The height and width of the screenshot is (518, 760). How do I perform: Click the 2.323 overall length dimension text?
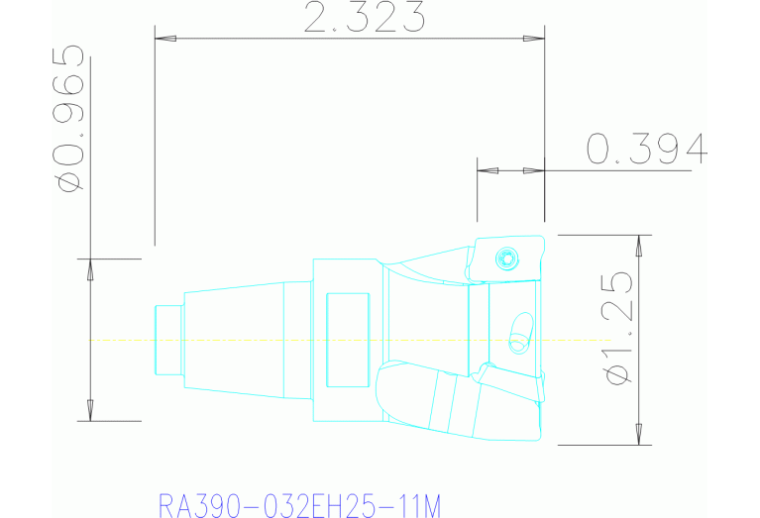pyautogui.click(x=363, y=17)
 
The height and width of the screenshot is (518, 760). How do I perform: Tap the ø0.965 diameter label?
pyautogui.click(x=69, y=117)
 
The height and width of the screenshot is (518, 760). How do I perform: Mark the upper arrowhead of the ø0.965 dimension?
pyautogui.click(x=90, y=269)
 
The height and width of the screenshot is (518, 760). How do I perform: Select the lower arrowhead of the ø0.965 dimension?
pyautogui.click(x=90, y=409)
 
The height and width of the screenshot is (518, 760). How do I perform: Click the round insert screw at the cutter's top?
pyautogui.click(x=507, y=259)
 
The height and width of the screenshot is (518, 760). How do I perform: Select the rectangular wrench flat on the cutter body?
pyautogui.click(x=347, y=340)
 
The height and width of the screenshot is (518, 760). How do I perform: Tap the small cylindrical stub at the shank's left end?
pyautogui.click(x=168, y=340)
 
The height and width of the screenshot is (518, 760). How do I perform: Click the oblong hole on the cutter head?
pyautogui.click(x=519, y=331)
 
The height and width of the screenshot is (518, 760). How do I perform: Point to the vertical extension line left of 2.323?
pyautogui.click(x=156, y=139)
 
